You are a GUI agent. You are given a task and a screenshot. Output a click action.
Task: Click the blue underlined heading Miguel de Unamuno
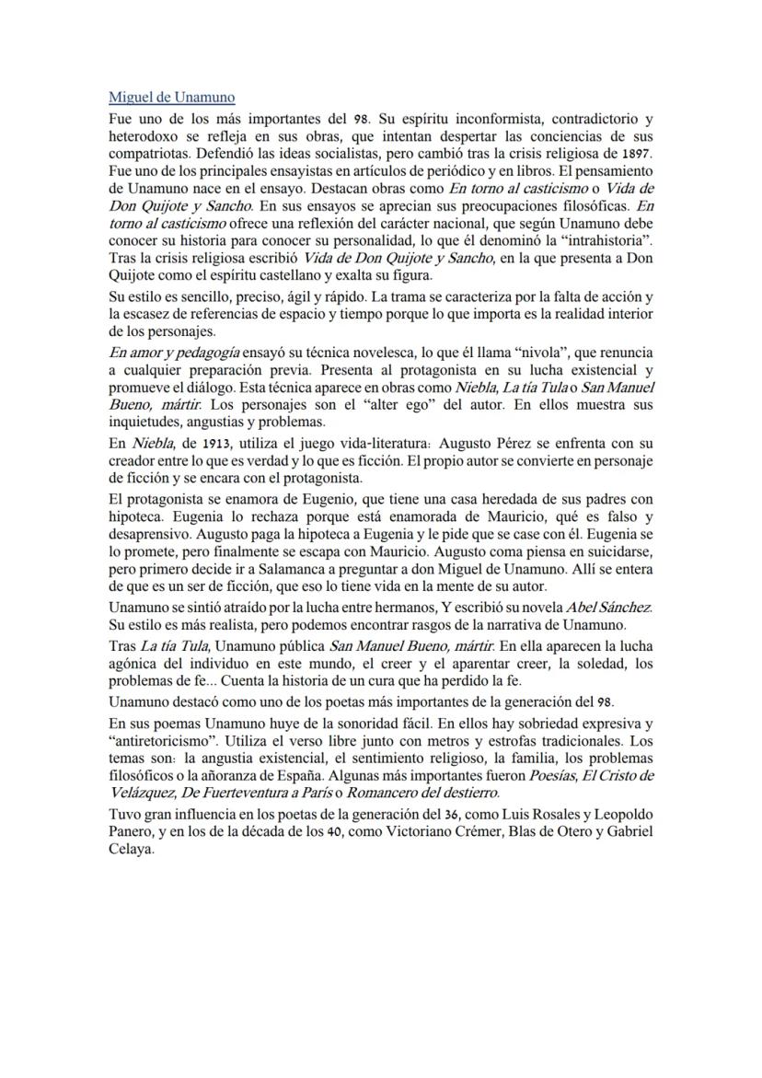click(171, 97)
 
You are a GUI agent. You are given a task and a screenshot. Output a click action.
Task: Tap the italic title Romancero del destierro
click(423, 792)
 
